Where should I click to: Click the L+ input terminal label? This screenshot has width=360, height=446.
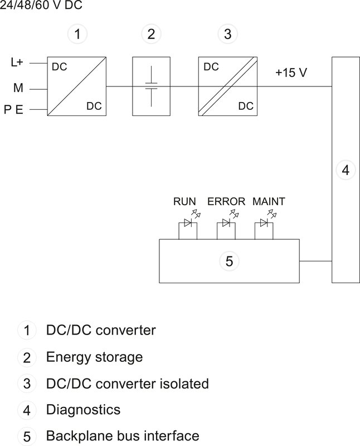click(x=17, y=62)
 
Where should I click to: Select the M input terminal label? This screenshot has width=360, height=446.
click(x=17, y=88)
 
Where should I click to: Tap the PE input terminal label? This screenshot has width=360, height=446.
click(x=13, y=110)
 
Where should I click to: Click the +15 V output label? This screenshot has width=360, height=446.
click(x=291, y=73)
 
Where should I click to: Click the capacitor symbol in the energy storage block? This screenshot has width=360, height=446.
click(x=151, y=86)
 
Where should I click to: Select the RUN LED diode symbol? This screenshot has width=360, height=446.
click(x=188, y=224)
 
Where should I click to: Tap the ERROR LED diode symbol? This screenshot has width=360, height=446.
click(x=226, y=224)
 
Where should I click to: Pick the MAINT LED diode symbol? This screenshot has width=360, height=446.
click(x=265, y=224)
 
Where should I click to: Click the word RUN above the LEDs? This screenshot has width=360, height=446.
click(x=184, y=201)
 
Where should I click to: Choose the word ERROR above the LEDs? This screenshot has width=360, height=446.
click(x=226, y=201)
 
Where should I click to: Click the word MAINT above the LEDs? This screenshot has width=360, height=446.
click(x=269, y=201)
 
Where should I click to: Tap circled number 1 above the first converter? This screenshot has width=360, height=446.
click(x=78, y=35)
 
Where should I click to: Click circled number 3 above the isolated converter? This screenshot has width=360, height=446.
click(x=227, y=35)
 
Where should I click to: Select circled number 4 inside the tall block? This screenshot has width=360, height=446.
click(x=346, y=170)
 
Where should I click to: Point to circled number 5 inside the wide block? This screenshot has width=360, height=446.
click(x=229, y=260)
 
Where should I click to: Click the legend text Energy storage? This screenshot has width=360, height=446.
click(x=94, y=357)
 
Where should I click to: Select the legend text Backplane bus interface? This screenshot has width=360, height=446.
click(x=122, y=435)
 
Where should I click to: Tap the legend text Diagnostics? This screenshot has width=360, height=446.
click(x=83, y=410)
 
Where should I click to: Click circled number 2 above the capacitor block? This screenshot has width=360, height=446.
click(x=151, y=35)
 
